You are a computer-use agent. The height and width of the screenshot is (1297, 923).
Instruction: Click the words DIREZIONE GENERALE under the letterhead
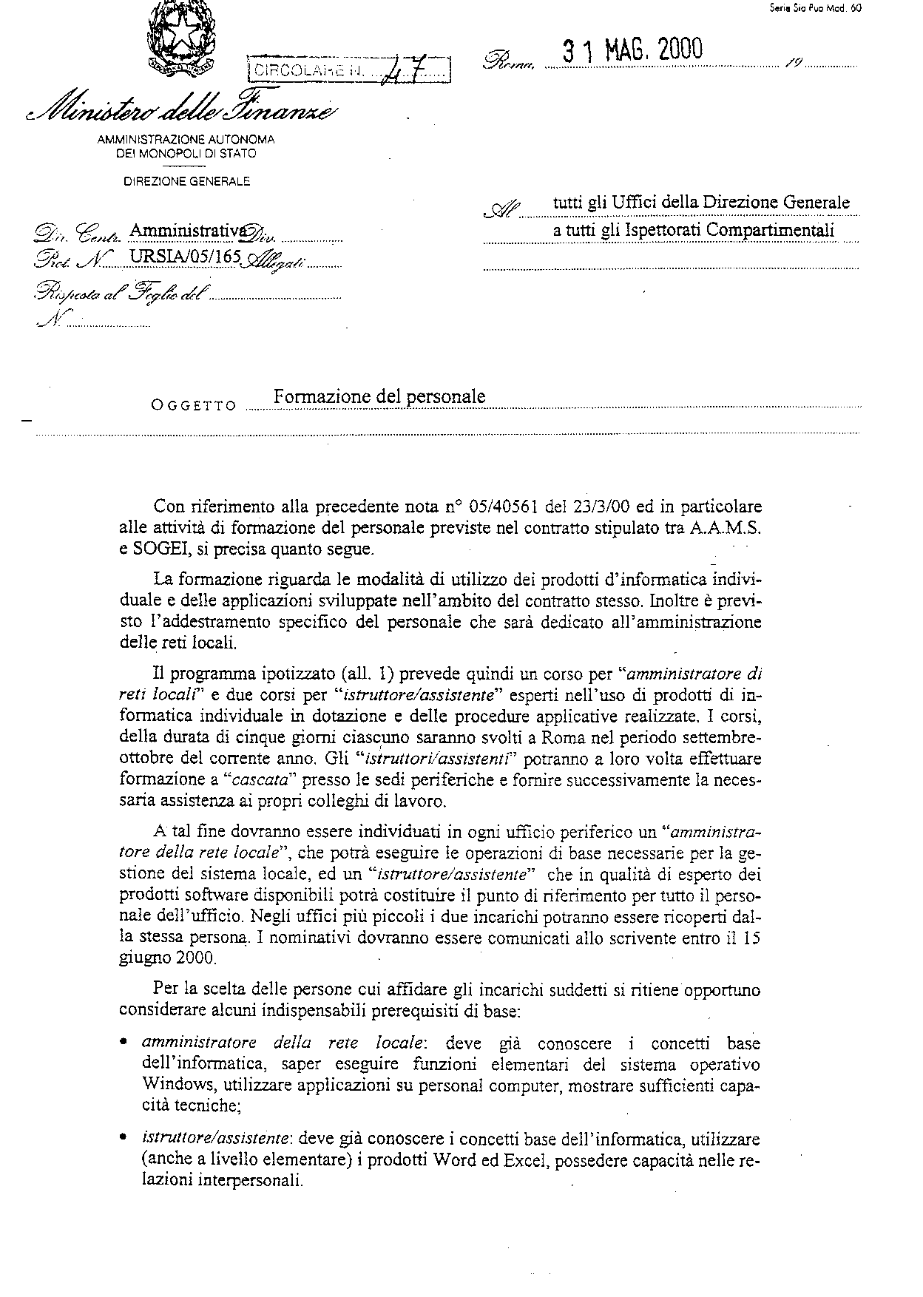(187, 180)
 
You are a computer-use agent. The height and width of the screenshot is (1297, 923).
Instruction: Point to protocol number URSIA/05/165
(178, 257)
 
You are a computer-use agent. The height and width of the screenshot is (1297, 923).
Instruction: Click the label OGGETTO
(194, 405)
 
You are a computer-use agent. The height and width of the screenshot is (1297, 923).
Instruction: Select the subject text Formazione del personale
(379, 396)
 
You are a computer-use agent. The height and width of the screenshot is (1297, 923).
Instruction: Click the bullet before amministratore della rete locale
(124, 1043)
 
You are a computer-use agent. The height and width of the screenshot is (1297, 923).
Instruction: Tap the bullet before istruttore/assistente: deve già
(124, 1140)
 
